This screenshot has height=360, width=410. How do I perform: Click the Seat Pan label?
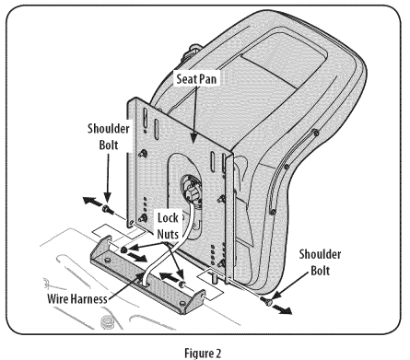coord(196,79)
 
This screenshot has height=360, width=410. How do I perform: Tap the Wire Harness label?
coord(77,298)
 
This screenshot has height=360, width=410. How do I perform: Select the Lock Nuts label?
coord(168,226)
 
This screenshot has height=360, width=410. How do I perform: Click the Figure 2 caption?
coord(203,353)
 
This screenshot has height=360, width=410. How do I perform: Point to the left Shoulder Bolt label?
coord(109,136)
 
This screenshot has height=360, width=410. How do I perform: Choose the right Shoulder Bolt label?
coord(320,262)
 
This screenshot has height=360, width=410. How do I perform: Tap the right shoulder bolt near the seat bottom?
coord(266,301)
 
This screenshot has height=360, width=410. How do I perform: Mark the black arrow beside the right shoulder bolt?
coord(282,309)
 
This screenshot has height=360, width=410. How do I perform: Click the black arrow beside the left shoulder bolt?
coord(93,202)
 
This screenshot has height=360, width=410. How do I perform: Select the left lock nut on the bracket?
coord(123,250)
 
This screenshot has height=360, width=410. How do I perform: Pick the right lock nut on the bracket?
coord(182,285)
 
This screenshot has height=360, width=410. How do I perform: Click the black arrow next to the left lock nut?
coord(137,257)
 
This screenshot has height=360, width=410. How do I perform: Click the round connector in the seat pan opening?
coord(191,190)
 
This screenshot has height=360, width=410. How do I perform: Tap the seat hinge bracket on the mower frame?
coord(147,275)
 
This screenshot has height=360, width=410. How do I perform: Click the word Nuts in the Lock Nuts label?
coord(168,234)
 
